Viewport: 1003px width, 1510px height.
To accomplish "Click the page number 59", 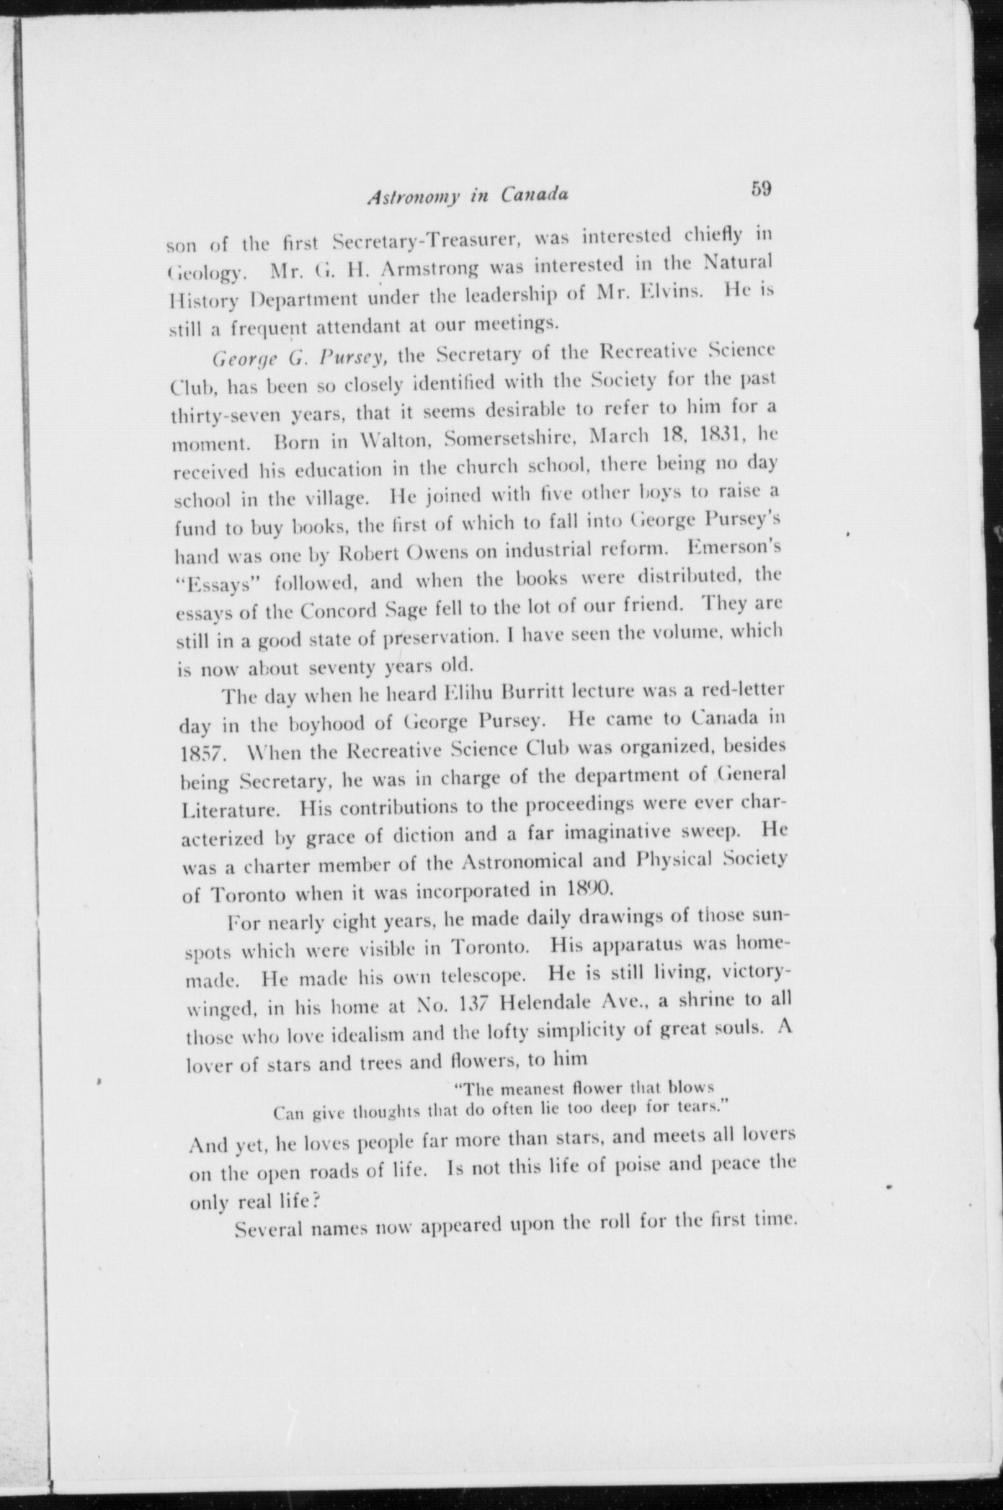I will point(761,189).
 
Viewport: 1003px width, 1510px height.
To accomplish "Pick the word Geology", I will point(207,276).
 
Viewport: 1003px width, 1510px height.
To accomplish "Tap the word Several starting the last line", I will point(266,1228).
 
